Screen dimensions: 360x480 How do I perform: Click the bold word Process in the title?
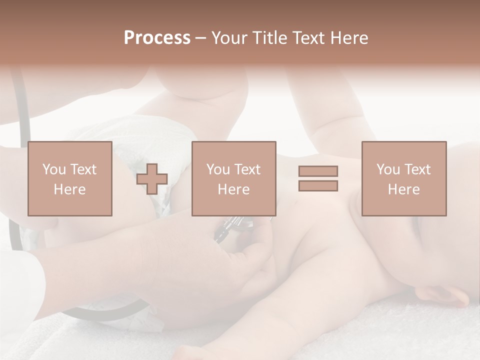[157, 38]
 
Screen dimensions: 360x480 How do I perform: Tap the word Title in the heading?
[268, 38]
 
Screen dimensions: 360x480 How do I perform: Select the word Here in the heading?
[348, 38]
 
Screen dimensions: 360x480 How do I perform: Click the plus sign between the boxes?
[152, 179]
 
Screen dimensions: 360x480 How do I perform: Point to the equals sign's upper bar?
[318, 171]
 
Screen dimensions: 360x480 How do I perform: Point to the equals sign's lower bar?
[318, 185]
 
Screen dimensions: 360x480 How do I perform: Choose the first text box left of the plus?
[70, 179]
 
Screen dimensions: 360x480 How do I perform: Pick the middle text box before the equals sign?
[233, 179]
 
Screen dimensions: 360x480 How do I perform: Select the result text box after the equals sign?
[403, 179]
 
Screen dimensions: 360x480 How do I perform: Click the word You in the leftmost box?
[53, 169]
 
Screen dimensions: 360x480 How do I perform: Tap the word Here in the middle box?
[233, 189]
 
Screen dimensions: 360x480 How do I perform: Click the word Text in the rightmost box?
[418, 169]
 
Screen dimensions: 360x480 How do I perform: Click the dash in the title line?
[200, 38]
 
